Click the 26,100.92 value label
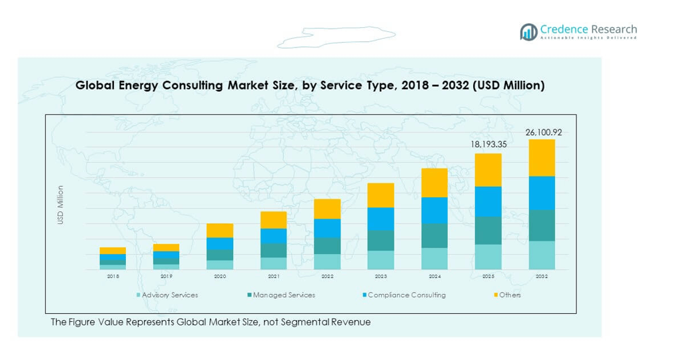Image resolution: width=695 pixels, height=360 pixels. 543,133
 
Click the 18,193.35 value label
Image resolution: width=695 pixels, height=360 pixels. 488,143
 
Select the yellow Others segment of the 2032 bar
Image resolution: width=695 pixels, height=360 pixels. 542,158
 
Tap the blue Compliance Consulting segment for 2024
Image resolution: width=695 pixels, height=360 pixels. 434,210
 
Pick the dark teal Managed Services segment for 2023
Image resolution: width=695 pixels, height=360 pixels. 380,241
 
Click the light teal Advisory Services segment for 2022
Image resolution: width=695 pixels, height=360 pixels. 327,261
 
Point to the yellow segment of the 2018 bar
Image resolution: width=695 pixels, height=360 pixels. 113,251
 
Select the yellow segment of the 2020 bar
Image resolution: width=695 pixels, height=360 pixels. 220,231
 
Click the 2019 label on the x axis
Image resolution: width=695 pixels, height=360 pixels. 166,276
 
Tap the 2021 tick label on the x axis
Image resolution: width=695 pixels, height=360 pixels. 273,276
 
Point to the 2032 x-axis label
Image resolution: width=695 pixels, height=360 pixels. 542,276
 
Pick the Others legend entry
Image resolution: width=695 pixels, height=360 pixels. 509,295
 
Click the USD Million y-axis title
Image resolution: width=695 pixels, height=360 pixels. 61,205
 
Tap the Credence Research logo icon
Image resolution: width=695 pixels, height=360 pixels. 529,31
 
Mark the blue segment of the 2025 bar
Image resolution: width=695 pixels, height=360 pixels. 488,201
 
